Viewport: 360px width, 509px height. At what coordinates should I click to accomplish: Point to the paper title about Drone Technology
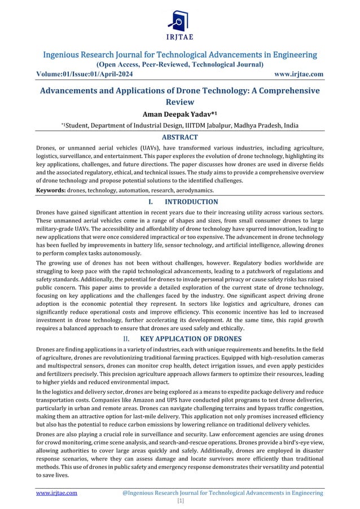click(179, 96)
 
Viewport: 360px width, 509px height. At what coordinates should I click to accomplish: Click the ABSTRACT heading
click(179, 137)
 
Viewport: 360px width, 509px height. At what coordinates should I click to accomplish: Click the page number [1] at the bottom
click(179, 501)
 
